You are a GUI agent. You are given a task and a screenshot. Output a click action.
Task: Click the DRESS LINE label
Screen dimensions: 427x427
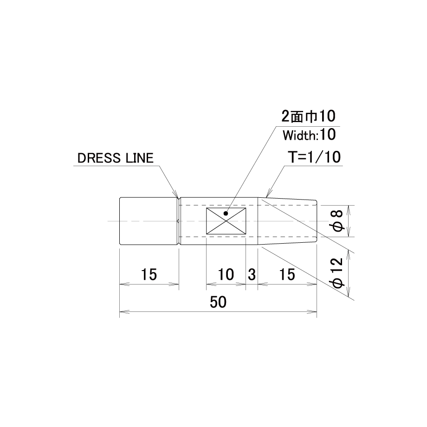[x=116, y=158]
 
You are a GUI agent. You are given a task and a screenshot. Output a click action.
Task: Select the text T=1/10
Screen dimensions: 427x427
[x=314, y=157]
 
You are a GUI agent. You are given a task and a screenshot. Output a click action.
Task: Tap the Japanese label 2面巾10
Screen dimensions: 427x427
[x=308, y=116]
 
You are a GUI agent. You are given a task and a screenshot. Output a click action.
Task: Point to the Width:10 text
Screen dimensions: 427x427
[x=309, y=135]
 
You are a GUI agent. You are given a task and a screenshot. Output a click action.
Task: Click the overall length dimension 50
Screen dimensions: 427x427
[x=218, y=302]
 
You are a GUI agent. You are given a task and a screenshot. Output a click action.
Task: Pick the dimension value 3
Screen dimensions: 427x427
[x=252, y=274]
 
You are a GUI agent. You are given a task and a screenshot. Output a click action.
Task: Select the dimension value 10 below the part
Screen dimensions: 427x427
[x=226, y=274]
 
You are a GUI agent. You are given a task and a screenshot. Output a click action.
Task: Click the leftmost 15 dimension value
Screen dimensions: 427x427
[x=149, y=274]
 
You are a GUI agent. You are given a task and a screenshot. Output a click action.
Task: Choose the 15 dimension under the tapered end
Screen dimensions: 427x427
[x=287, y=274]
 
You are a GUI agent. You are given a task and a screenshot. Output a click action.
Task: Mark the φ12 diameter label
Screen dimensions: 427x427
[x=338, y=272]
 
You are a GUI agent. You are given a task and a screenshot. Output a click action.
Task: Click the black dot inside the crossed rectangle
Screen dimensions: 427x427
[x=226, y=213]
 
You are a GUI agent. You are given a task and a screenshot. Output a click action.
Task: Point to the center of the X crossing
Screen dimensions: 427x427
[x=226, y=221]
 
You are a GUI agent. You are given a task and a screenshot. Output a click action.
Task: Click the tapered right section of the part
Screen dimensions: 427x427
[x=287, y=221]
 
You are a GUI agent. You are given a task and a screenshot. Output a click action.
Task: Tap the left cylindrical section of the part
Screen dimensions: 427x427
[x=149, y=221]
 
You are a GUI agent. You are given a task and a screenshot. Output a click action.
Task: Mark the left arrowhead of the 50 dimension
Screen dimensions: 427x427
[x=124, y=311]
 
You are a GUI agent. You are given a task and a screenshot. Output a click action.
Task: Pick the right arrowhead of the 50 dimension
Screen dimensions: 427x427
[x=312, y=311]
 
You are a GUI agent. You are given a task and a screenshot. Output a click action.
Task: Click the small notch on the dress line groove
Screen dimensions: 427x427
[x=178, y=221]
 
